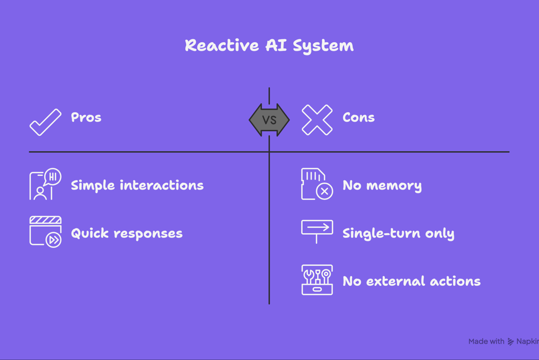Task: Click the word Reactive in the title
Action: [222, 45]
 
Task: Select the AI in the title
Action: [276, 45]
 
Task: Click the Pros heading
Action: [86, 117]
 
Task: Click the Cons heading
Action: [358, 117]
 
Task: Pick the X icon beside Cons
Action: [317, 119]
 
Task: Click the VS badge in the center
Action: [269, 119]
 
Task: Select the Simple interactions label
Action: [137, 185]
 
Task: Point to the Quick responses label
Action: [126, 234]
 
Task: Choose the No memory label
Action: [382, 186]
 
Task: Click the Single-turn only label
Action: [398, 234]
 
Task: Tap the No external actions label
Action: [412, 281]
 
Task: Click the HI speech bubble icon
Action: [45, 184]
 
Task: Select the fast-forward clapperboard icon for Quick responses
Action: [45, 232]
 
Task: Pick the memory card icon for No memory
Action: [317, 184]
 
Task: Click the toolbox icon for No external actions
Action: [317, 280]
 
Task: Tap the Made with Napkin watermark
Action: [504, 342]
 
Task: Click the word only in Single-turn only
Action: [440, 234]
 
